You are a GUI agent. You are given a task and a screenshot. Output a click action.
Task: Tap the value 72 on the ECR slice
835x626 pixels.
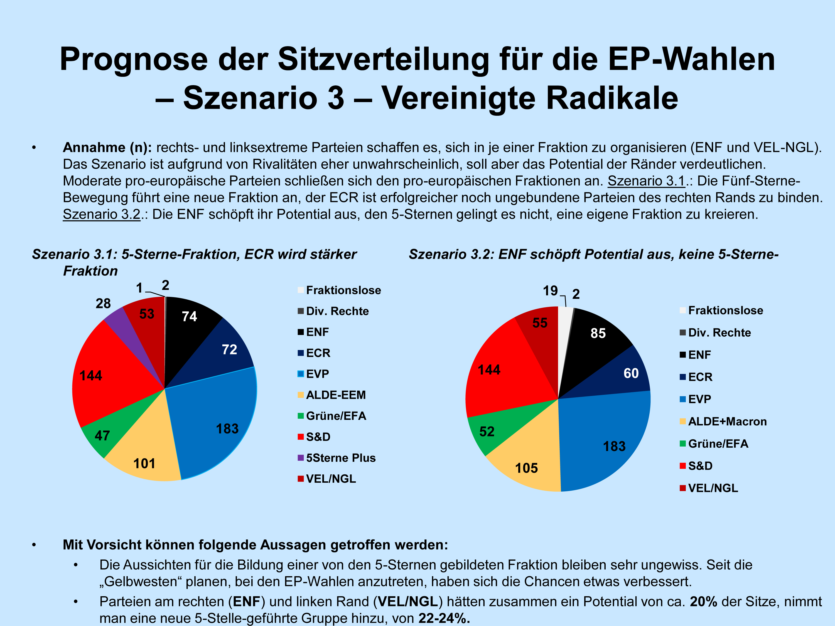229,349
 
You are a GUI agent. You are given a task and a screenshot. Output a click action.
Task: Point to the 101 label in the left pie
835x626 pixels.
144,463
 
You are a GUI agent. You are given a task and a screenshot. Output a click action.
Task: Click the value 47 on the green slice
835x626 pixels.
102,435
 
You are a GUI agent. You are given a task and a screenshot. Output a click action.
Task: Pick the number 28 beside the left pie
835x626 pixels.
103,303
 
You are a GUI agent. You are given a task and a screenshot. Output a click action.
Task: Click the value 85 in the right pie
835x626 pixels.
598,333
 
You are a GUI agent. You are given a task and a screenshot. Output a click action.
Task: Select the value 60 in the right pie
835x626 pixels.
631,373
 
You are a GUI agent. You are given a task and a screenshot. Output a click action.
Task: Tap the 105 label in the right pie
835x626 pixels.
526,468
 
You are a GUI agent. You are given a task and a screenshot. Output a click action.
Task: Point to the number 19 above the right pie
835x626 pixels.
550,290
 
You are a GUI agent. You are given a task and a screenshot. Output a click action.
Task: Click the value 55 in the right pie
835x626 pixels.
540,323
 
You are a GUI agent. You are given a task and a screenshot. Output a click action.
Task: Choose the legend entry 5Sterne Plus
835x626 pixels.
340,458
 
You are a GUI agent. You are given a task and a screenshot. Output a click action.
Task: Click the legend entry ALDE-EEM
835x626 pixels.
336,395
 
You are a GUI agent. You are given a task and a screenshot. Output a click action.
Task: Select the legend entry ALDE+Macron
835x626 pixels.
727,422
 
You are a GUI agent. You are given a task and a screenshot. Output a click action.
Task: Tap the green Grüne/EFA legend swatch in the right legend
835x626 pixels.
682,444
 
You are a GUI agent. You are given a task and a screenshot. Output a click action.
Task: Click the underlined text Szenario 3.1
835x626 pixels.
646,181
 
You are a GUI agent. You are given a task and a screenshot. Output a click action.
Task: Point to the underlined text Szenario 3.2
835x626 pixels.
102,214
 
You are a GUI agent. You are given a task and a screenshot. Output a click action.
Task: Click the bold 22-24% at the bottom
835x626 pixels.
444,618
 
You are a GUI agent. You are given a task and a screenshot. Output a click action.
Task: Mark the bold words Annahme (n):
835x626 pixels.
107,147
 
